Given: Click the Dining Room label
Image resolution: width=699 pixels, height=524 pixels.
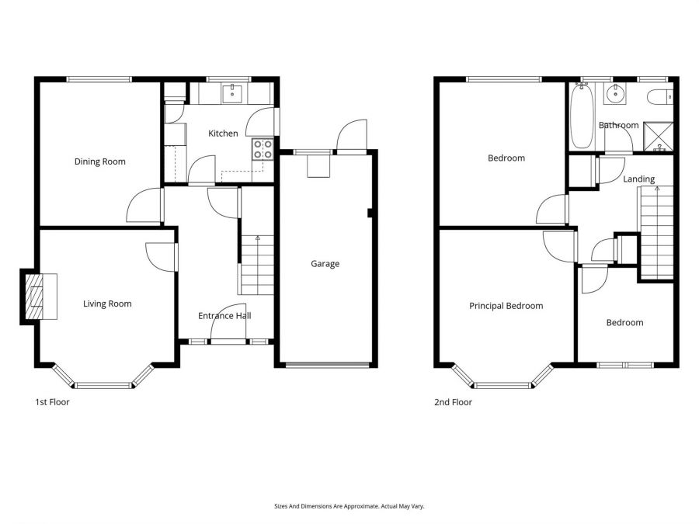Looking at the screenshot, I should (99, 161).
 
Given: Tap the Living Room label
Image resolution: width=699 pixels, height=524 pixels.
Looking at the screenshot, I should (107, 304).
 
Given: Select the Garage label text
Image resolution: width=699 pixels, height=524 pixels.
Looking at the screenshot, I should (325, 264).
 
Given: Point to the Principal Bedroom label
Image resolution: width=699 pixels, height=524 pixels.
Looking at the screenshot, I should (506, 306).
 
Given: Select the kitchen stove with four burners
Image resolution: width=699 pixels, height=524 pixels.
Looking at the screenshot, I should (262, 148).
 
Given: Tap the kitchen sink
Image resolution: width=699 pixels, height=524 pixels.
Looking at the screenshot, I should (231, 94).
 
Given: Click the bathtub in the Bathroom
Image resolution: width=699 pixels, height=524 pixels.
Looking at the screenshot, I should (581, 116).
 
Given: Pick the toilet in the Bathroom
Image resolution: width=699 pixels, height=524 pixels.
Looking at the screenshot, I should (660, 97).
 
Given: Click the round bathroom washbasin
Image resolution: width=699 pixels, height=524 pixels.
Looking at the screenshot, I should (614, 95).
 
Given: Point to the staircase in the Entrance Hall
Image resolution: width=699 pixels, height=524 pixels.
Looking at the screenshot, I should (256, 264).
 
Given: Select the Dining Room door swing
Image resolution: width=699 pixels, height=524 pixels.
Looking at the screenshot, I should (143, 205).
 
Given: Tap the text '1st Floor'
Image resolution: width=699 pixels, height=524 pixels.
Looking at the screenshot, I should (52, 402).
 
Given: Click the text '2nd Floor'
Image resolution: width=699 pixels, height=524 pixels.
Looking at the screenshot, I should (453, 402).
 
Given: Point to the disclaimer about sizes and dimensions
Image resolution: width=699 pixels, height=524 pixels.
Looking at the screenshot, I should (349, 506).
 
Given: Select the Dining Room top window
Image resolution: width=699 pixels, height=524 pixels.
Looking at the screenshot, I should (98, 78).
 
